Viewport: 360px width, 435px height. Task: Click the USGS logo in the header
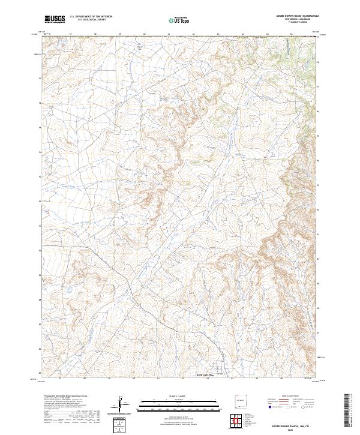point(55,20)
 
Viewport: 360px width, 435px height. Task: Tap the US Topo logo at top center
point(178,20)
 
